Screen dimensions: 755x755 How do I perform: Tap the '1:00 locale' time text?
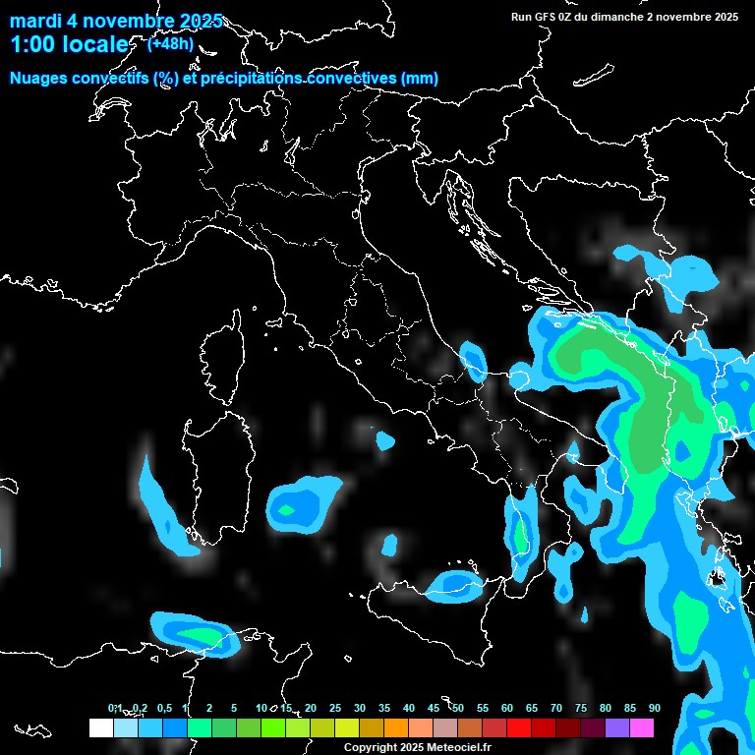pyautogui.click(x=69, y=44)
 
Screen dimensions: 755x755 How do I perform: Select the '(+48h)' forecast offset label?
pyautogui.click(x=170, y=43)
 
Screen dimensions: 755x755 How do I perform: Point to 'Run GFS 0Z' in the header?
pyautogui.click(x=544, y=17)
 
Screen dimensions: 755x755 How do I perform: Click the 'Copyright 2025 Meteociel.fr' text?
pyautogui.click(x=417, y=747)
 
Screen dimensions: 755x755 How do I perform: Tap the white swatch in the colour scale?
pyautogui.click(x=100, y=727)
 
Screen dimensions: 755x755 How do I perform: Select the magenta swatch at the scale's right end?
pyautogui.click(x=642, y=727)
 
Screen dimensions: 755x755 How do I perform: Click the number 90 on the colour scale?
pyautogui.click(x=654, y=708)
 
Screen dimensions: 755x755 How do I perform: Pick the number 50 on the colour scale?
pyautogui.click(x=458, y=708)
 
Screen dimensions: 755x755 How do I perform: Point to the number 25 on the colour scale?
pyautogui.click(x=335, y=708)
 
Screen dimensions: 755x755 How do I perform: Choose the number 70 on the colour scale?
pyautogui.click(x=556, y=708)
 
